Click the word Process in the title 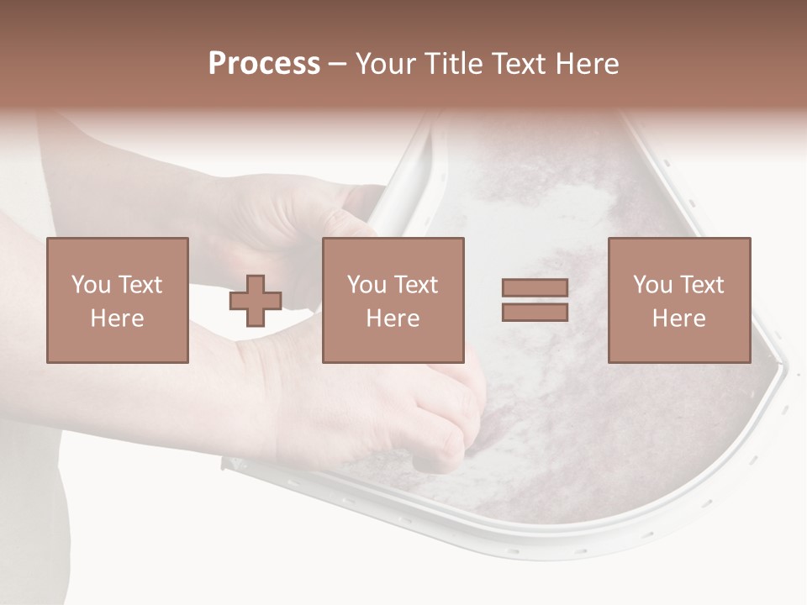tap(264, 64)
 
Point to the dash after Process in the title tap(338, 65)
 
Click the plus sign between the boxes tap(256, 301)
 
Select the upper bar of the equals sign tap(535, 288)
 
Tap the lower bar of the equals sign tap(535, 313)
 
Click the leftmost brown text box tap(118, 300)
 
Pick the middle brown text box tap(393, 300)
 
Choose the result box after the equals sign tap(679, 300)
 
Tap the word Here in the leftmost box tap(118, 318)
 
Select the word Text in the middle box tap(415, 285)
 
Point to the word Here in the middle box tap(393, 318)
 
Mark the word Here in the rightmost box tap(679, 318)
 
